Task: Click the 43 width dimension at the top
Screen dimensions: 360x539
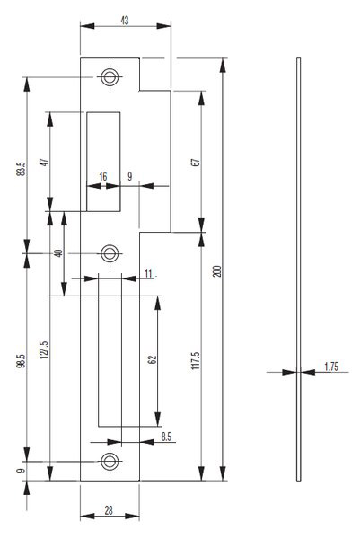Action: pyautogui.click(x=125, y=21)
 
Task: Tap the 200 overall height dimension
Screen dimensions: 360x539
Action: pyautogui.click(x=217, y=271)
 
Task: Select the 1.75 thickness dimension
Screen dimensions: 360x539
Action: pyautogui.click(x=331, y=367)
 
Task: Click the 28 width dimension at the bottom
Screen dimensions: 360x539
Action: pyautogui.click(x=109, y=510)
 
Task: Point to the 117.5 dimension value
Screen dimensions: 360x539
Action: pyautogui.click(x=196, y=360)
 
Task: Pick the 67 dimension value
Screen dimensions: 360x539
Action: pyautogui.click(x=195, y=163)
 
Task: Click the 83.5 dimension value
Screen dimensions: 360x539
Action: pyautogui.click(x=21, y=169)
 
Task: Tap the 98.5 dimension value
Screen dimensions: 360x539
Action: pyautogui.click(x=21, y=361)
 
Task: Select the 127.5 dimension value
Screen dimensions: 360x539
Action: pyautogui.click(x=44, y=349)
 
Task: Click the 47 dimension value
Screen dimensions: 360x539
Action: pyautogui.click(x=44, y=163)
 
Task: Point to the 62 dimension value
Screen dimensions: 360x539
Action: pyautogui.click(x=152, y=359)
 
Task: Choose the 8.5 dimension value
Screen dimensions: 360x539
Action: pyautogui.click(x=166, y=437)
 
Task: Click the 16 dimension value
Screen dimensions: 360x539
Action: pyautogui.click(x=103, y=177)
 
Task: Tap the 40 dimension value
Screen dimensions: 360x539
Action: pyautogui.click(x=58, y=253)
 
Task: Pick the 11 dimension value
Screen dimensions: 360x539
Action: pyautogui.click(x=148, y=274)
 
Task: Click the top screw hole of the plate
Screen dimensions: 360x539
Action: pyautogui.click(x=110, y=77)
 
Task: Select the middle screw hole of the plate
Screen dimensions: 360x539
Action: pyautogui.click(x=110, y=253)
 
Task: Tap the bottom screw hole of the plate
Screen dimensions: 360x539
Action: pyautogui.click(x=110, y=462)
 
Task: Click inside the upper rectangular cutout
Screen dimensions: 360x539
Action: pyautogui.click(x=103, y=162)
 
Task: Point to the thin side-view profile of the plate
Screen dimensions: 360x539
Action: pyautogui.click(x=299, y=269)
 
